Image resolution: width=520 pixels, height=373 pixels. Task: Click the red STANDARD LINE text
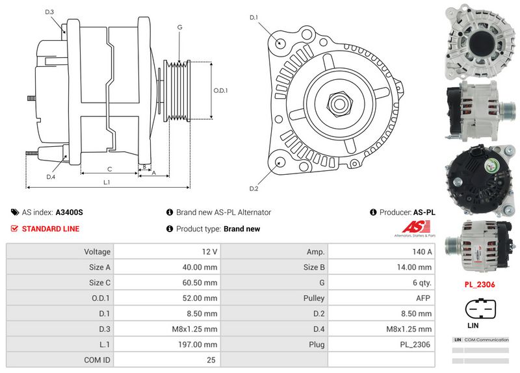coord(51,229)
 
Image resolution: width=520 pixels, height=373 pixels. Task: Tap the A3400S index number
coord(69,212)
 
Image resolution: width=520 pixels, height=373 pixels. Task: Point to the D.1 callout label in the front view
coord(254,18)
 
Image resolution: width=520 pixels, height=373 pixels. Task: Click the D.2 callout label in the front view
coord(254,188)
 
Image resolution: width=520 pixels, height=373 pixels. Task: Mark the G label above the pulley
coord(179,27)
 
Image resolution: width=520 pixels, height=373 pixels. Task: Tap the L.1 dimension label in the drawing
coord(107,183)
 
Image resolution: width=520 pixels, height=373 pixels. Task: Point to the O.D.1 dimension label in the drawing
coord(221,90)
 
